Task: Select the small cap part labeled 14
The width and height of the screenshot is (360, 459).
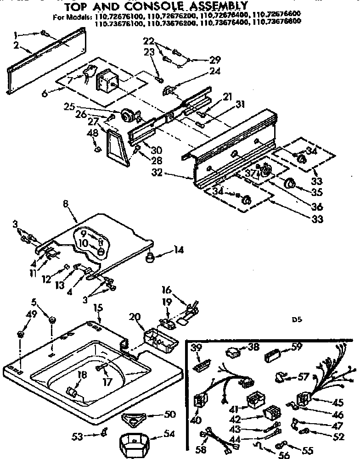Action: point(150,259)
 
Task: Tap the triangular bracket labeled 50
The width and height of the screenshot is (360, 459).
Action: point(135,417)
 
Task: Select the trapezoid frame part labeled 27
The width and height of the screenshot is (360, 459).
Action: point(114,146)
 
